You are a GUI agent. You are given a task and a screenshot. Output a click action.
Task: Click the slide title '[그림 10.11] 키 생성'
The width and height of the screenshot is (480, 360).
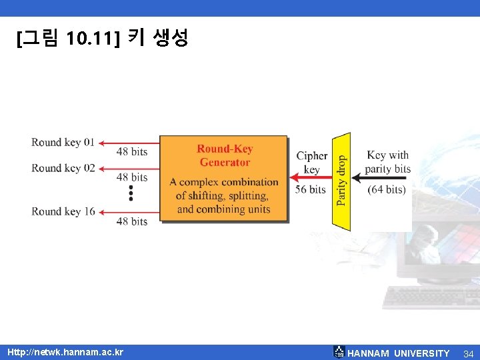[x=103, y=38]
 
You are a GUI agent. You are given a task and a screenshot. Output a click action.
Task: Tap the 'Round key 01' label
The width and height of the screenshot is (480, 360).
[x=63, y=142]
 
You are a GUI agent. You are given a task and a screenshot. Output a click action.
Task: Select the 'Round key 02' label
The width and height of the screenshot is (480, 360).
[x=63, y=168]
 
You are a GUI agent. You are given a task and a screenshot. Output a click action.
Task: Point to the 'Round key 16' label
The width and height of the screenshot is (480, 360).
[x=63, y=211]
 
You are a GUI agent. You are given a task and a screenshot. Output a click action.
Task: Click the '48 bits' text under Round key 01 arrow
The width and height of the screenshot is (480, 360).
[x=132, y=152]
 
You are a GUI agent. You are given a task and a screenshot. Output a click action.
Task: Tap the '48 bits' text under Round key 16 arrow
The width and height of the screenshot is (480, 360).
[x=132, y=221]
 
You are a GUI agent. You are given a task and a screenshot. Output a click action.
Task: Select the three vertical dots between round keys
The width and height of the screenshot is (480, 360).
[x=131, y=193]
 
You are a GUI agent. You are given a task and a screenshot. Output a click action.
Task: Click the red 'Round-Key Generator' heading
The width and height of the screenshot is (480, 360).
[x=225, y=155]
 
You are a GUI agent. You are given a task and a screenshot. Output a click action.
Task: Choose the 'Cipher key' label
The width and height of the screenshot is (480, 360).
[x=311, y=163]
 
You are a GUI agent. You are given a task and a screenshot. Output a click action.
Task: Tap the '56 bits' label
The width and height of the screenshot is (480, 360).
[x=311, y=189]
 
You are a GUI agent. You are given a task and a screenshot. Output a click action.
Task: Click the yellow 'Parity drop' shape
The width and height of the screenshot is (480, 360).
[x=341, y=181]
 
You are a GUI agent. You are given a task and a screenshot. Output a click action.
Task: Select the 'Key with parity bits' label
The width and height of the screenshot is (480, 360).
[x=388, y=162]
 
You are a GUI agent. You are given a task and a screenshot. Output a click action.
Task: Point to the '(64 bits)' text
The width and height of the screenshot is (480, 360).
[x=387, y=189]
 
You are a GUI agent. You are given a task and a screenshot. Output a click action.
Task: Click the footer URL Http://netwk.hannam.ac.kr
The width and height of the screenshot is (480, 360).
[x=65, y=352]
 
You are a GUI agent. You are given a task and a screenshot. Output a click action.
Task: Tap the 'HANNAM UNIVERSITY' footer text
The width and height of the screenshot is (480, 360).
[x=399, y=353]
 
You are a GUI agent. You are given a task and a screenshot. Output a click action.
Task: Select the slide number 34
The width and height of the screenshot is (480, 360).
[x=468, y=353]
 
